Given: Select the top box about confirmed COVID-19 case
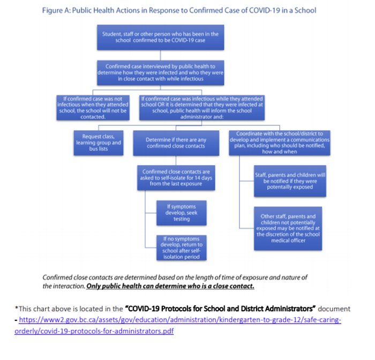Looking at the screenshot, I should tap(160, 36).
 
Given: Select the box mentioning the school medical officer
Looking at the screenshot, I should tap(288, 227).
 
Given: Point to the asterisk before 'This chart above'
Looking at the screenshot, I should tap(17, 309).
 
